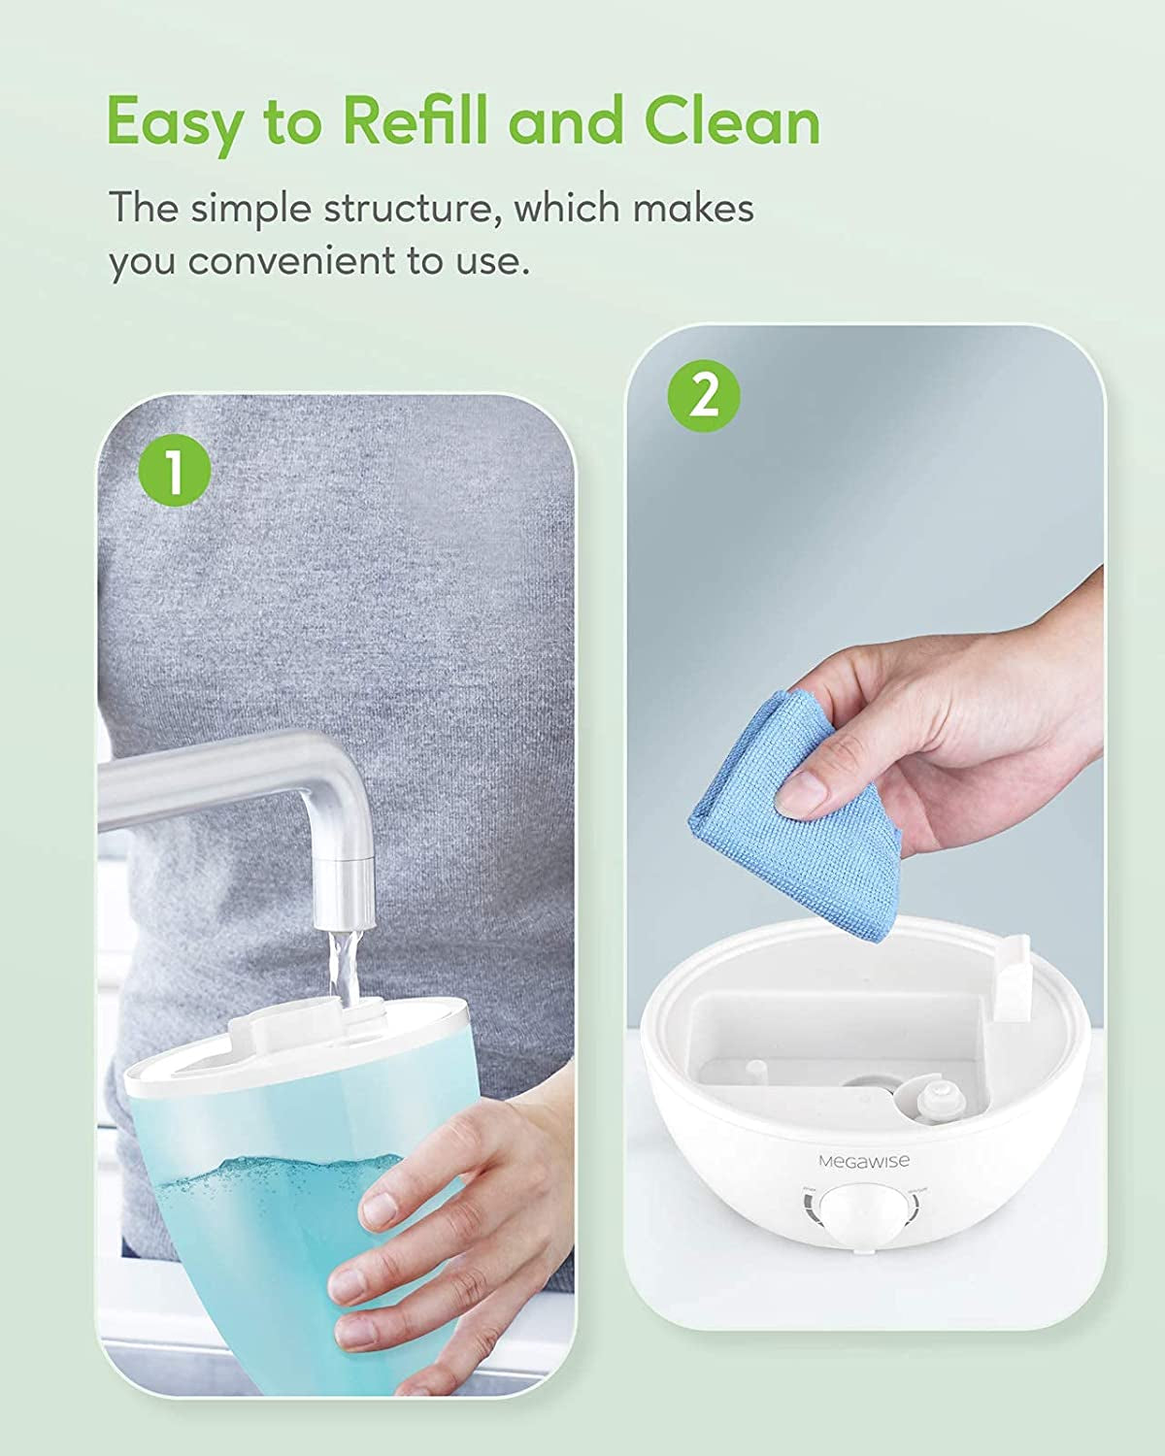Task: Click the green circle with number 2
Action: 704,397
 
